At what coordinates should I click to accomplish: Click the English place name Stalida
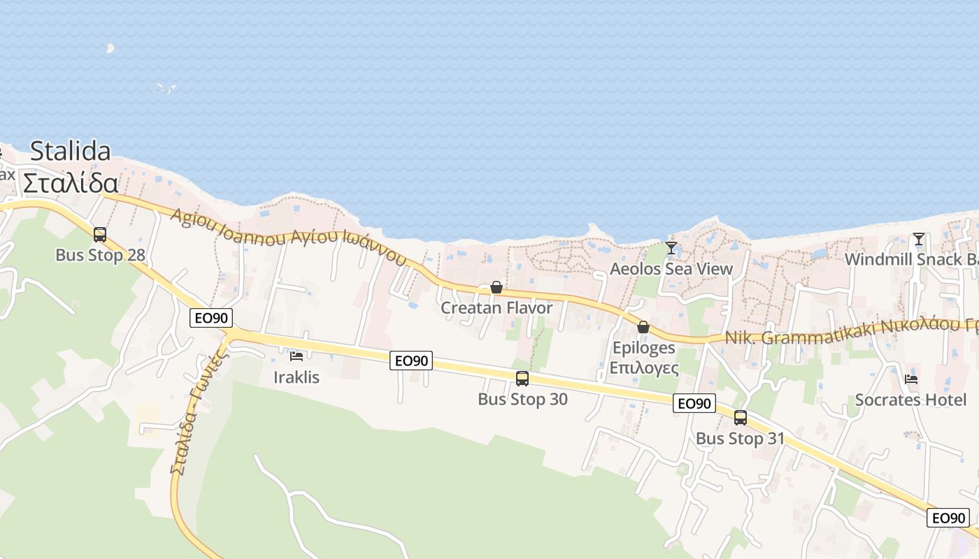click(71, 151)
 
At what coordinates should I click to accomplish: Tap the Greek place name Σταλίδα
click(70, 183)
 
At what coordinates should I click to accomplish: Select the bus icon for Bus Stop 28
click(100, 234)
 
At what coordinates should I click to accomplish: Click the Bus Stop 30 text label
click(522, 399)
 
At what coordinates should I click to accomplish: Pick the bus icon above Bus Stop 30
click(522, 379)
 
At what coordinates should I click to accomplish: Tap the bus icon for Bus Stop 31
click(741, 418)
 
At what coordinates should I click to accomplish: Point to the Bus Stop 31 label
click(740, 439)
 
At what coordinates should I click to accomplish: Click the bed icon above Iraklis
click(296, 356)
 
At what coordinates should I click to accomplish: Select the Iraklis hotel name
click(296, 377)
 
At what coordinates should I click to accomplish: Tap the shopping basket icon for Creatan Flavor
click(496, 287)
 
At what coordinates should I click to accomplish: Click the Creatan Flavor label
click(496, 308)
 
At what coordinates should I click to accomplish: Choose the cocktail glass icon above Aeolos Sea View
click(671, 248)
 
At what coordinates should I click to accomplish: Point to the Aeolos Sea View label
click(671, 269)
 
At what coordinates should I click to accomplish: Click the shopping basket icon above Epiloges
click(643, 327)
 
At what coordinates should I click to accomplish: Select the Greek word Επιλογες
click(644, 368)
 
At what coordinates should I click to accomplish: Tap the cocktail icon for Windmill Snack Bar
click(919, 239)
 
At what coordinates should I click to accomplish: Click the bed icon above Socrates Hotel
click(910, 379)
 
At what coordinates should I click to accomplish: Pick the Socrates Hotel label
click(910, 400)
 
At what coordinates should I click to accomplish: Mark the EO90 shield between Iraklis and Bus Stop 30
click(411, 361)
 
